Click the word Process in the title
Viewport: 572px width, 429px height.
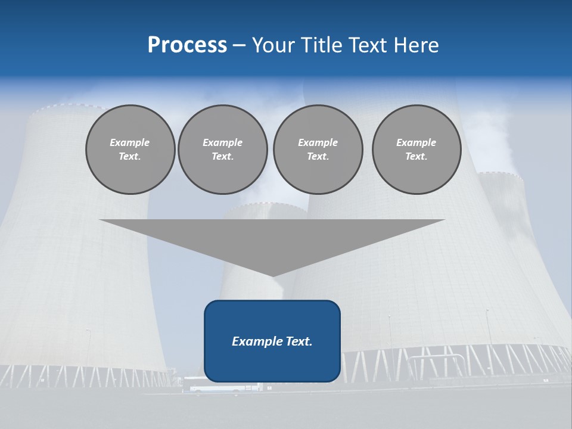187,45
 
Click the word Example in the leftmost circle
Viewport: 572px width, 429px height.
130,142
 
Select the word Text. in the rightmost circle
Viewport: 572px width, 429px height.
416,157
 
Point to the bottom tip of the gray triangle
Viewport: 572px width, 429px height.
272,275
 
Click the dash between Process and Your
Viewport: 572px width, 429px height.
240,45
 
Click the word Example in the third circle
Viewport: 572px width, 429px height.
318,142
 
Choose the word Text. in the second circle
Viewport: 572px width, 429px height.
222,157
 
